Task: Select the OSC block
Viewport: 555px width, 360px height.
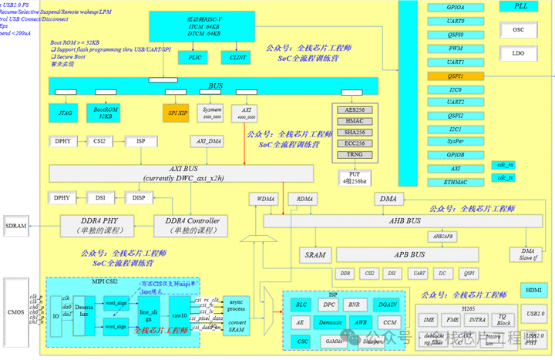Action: click(x=518, y=29)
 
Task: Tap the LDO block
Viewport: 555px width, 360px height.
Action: click(x=518, y=53)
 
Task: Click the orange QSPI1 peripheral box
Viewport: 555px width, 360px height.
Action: click(x=455, y=76)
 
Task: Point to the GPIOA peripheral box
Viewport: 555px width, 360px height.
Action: click(x=455, y=7)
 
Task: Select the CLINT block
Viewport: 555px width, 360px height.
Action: click(x=236, y=58)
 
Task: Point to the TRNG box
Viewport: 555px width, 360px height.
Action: click(x=355, y=154)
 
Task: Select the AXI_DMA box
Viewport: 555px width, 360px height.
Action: click(x=208, y=142)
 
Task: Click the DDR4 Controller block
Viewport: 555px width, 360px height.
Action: click(x=191, y=225)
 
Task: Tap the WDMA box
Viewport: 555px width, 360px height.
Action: click(x=265, y=199)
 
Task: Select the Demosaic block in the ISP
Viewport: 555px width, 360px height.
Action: click(x=330, y=322)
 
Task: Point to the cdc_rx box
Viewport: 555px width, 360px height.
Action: click(x=505, y=166)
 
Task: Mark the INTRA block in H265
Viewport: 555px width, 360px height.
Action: click(x=477, y=318)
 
